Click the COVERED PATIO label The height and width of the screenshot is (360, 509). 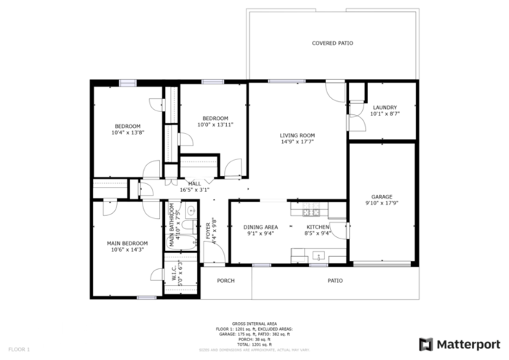pos(332,44)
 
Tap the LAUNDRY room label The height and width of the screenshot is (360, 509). pos(385,107)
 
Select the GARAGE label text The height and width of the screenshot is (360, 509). pos(382,197)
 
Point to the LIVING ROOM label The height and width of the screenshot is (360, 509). pos(297,135)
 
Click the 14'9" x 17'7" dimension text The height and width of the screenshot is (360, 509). pos(297,143)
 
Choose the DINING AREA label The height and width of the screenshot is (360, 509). pos(260,227)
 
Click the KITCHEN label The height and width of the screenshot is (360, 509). pos(318,227)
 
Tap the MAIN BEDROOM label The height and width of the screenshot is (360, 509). pos(127,243)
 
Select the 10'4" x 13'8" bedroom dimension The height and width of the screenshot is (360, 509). pos(127,132)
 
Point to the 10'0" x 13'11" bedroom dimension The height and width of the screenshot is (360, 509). pos(215,125)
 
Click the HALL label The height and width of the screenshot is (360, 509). pos(194,183)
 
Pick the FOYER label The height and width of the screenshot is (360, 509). pos(207,231)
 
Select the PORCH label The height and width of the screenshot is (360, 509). pos(225,281)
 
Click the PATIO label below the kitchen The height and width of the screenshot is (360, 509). pos(334,281)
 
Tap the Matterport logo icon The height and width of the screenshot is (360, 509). pos(426,343)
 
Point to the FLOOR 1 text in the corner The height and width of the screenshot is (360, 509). pos(19,350)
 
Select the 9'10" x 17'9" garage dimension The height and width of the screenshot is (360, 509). pos(382,204)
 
